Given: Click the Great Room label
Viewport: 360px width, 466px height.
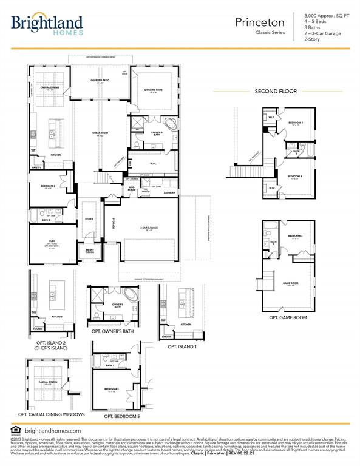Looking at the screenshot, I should pyautogui.click(x=100, y=133).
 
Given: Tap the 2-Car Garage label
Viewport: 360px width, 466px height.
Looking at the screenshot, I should pyautogui.click(x=149, y=228).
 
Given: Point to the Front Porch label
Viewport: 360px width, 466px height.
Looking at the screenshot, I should pyautogui.click(x=90, y=251).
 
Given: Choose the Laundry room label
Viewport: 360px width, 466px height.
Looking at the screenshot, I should pyautogui.click(x=169, y=193).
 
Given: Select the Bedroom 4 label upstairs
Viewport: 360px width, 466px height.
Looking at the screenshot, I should pyautogui.click(x=296, y=177).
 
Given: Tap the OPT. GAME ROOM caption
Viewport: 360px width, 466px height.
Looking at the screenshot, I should pyautogui.click(x=288, y=317).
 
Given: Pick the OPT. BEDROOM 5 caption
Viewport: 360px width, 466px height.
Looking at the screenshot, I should pyautogui.click(x=121, y=416).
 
